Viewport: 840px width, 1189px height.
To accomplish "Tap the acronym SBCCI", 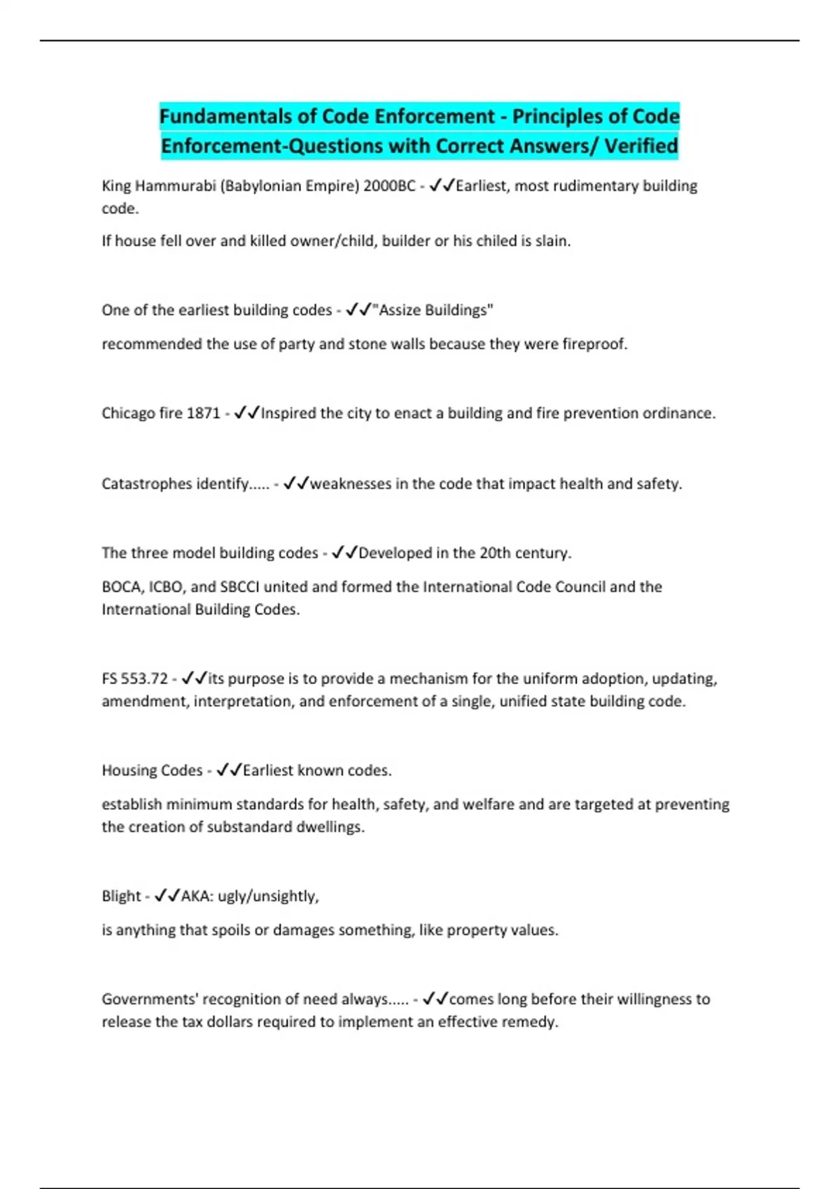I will click(240, 587).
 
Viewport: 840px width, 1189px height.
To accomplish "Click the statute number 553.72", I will click(144, 678).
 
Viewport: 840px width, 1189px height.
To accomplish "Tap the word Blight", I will click(121, 897).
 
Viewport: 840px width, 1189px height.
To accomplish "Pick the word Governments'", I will click(148, 999).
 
